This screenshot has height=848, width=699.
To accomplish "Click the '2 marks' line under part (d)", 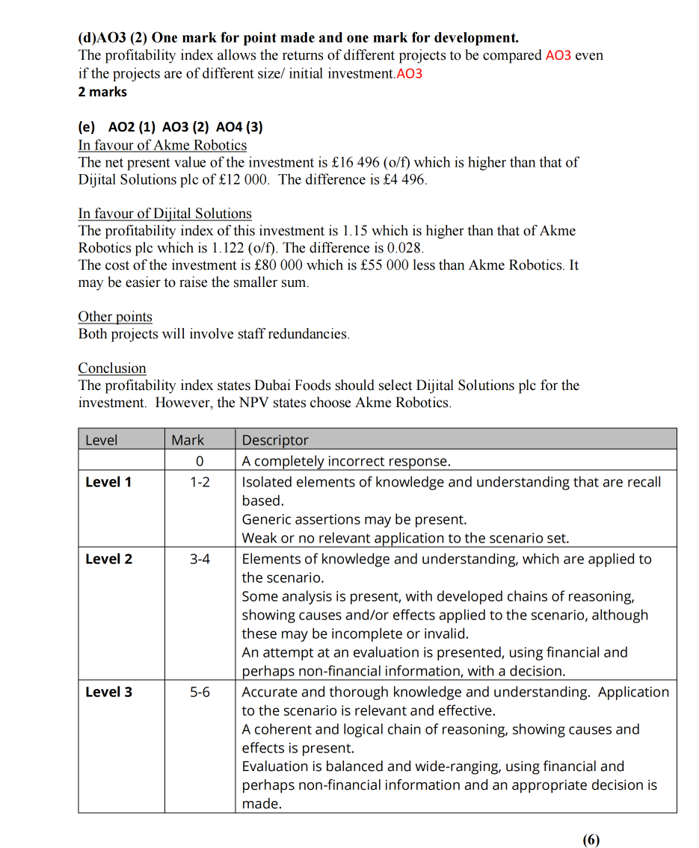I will (x=102, y=92).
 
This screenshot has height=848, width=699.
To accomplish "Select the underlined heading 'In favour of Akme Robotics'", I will (x=162, y=145).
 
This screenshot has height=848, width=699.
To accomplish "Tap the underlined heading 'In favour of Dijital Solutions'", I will (x=164, y=214).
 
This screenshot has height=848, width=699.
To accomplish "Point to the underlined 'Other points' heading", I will (x=115, y=317).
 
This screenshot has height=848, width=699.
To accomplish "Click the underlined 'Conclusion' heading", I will (x=112, y=368).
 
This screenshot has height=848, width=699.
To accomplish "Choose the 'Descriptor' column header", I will (x=275, y=440).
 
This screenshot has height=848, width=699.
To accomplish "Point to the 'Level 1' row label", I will (x=108, y=482).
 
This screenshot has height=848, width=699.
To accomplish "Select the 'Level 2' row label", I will (x=108, y=559).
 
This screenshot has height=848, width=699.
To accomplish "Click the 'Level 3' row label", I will (x=108, y=692).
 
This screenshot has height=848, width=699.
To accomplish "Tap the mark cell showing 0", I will (x=200, y=461).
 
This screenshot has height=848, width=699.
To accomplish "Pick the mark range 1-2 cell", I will (x=200, y=482).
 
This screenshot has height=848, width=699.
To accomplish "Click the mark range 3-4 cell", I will (x=200, y=559).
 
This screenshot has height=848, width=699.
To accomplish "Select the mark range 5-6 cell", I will (x=200, y=692).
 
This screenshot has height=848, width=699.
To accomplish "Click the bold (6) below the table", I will (x=591, y=839).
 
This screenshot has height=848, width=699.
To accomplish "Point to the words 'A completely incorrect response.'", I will (x=346, y=461).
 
